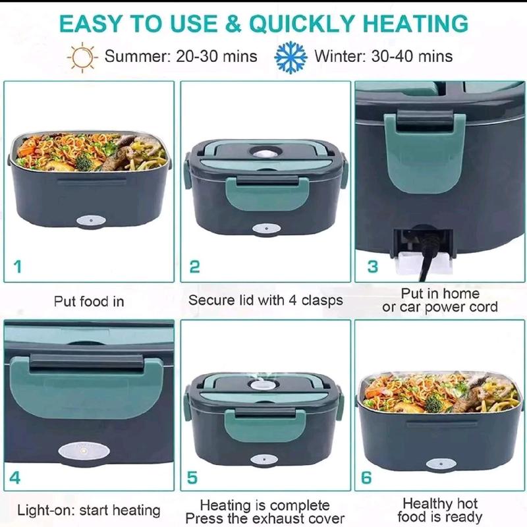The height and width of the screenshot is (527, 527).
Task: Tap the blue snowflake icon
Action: point(291,57)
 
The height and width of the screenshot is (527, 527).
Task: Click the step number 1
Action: point(18,267)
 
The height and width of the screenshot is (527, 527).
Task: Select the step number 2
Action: point(194,267)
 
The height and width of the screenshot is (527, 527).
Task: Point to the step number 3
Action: point(372,267)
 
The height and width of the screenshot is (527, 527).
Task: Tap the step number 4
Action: point(14,478)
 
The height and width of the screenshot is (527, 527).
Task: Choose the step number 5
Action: point(192,478)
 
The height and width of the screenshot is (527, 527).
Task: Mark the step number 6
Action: point(366,478)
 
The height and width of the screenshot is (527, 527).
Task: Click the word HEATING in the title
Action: point(416,24)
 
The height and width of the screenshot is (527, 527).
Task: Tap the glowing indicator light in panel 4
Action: point(84,451)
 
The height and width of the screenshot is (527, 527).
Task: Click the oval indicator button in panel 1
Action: point(91,221)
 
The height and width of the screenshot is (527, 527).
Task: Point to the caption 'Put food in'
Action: point(89,302)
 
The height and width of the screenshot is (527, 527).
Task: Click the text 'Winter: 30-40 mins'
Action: point(383,56)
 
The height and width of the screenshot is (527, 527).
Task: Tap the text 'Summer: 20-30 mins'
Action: point(180,56)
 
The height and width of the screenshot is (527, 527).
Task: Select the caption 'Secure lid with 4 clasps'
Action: point(265,300)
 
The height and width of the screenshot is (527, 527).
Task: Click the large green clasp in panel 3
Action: point(425,153)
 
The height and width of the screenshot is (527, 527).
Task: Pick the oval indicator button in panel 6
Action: point(441,464)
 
